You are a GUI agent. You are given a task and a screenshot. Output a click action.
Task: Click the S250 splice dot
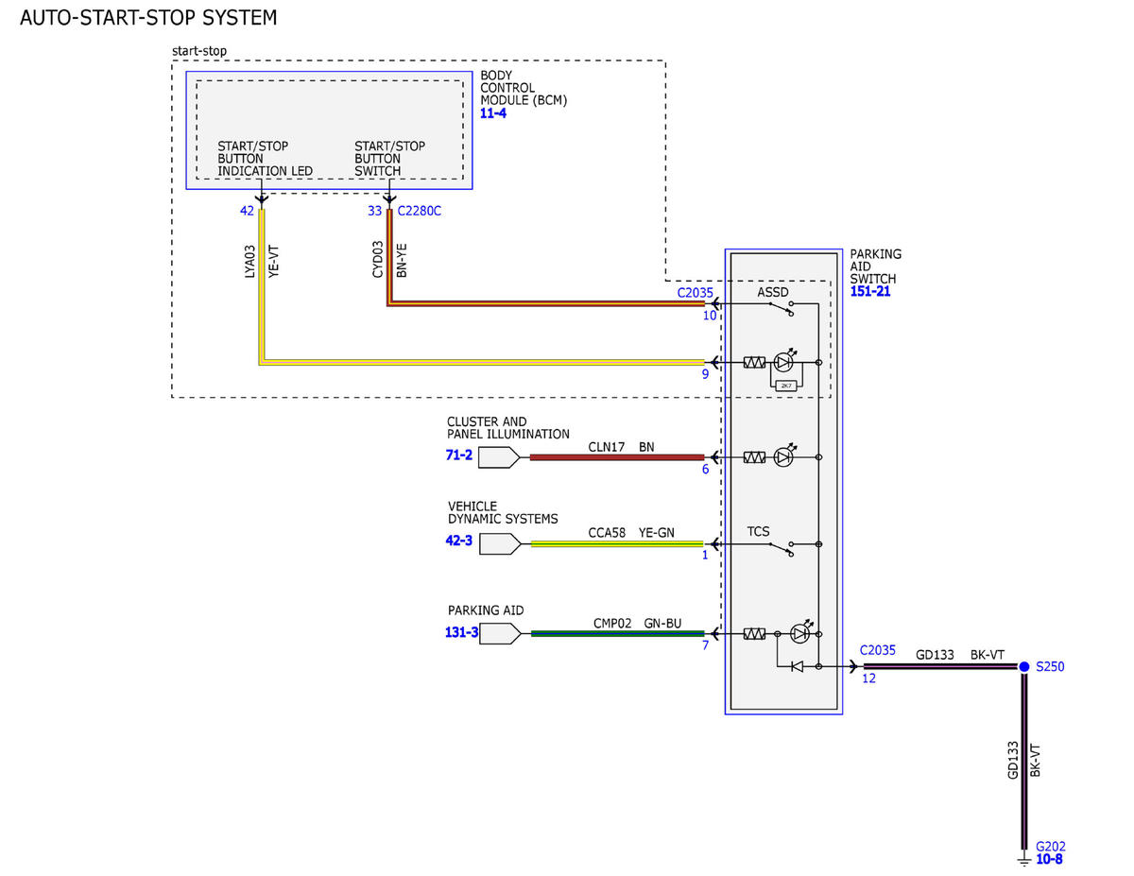pos(1023,666)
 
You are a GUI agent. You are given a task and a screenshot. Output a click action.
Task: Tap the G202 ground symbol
pos(1023,860)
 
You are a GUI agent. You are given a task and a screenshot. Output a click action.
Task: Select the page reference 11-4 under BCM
pos(492,113)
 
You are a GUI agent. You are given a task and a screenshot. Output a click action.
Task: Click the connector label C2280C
pos(419,211)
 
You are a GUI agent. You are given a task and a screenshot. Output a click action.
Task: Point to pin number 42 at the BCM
pos(247,211)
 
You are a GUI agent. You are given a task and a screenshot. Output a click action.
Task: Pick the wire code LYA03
pos(250,262)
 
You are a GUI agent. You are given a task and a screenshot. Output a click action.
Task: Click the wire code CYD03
pos(377,259)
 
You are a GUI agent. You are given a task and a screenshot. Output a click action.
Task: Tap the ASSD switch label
pos(772,292)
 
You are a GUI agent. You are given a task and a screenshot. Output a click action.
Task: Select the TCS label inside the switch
pos(758,531)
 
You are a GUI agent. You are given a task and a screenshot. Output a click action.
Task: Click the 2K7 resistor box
pos(786,386)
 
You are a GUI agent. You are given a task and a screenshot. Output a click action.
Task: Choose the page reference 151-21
pos(870,291)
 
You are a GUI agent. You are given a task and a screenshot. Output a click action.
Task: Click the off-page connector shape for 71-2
pos(499,457)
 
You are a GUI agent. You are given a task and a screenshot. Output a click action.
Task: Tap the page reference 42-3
pos(458,540)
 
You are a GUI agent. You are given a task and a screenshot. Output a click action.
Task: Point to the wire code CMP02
pos(612,623)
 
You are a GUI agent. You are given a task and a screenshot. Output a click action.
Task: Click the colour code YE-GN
pos(657,532)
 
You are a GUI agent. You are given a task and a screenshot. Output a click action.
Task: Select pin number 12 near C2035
pos(868,678)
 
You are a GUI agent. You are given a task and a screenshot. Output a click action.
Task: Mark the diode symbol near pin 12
pos(797,666)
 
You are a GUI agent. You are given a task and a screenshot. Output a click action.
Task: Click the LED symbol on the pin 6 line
pos(783,457)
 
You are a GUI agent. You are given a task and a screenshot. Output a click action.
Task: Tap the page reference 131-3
pos(461,632)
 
